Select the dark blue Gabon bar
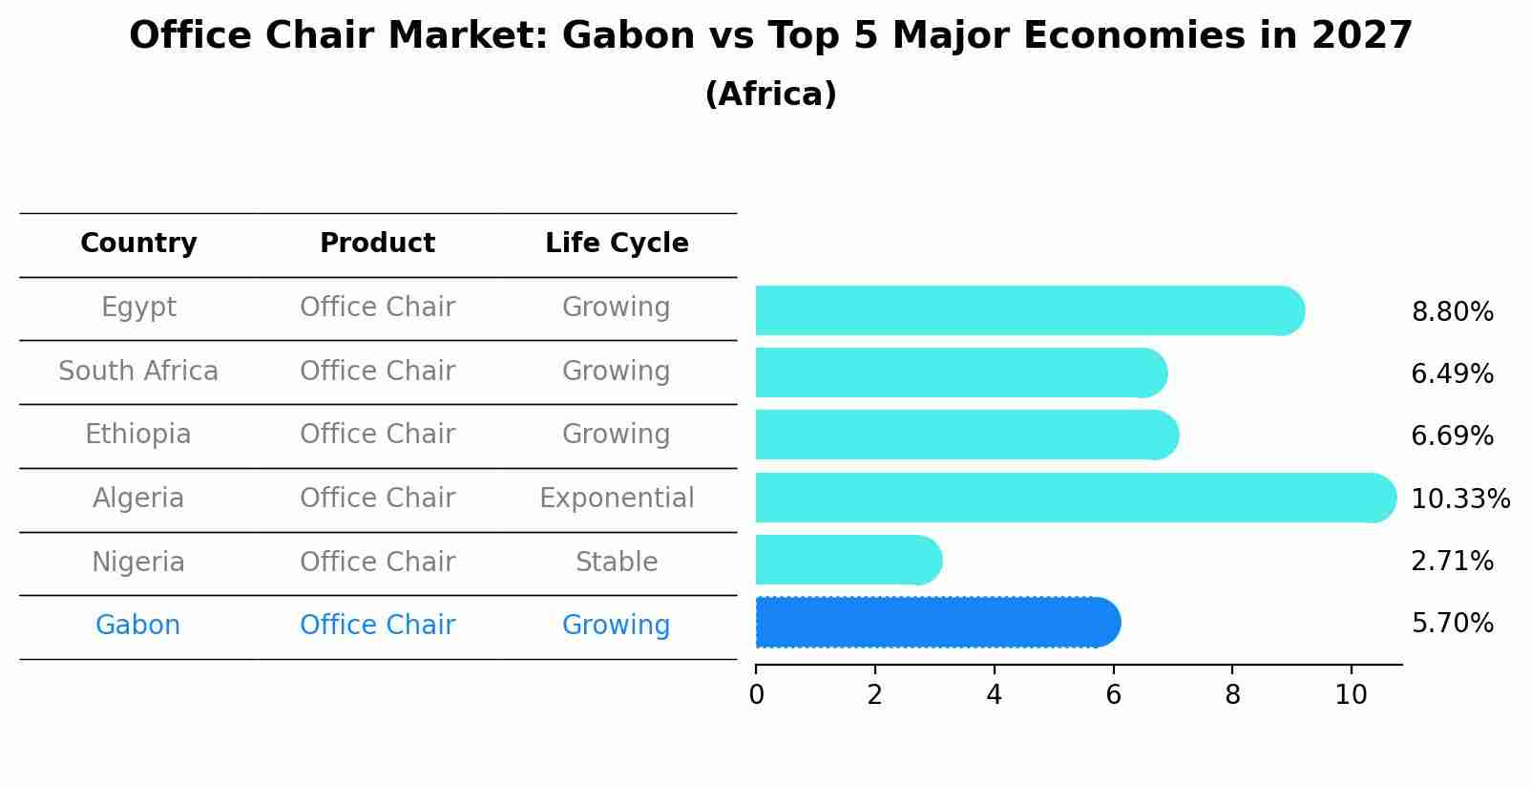click(935, 623)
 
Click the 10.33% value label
click(1459, 499)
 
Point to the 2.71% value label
click(1452, 562)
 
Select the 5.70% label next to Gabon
click(1452, 624)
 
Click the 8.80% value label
click(1452, 312)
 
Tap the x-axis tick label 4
click(994, 695)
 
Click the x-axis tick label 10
click(1351, 695)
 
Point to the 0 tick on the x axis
click(756, 695)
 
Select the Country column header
click(138, 244)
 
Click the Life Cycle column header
click(617, 244)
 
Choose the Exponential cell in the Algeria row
click(617, 499)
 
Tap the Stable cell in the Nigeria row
click(617, 563)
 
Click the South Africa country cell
click(138, 372)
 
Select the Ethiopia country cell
click(138, 435)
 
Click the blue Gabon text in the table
click(138, 626)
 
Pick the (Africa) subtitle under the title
click(770, 95)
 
